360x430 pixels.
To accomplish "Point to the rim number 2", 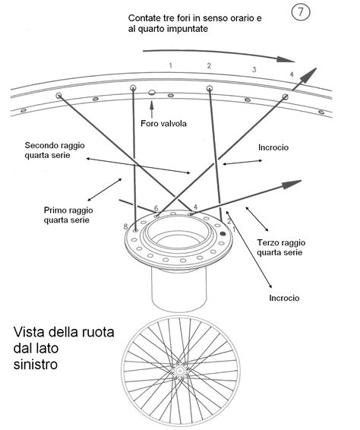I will point(209,66).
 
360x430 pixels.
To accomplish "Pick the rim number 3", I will point(254,70).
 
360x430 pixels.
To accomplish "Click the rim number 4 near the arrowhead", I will point(291,74).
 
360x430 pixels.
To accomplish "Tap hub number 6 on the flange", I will point(156,207).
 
